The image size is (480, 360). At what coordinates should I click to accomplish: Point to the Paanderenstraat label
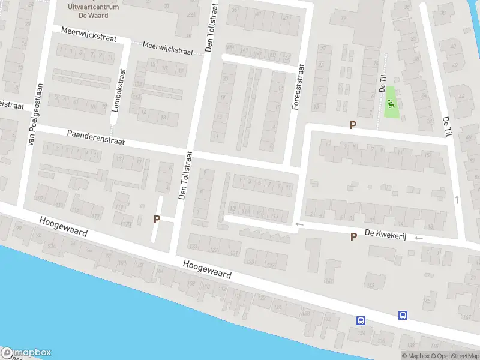(x=95, y=137)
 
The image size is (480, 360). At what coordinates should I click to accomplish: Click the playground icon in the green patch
(x=391, y=103)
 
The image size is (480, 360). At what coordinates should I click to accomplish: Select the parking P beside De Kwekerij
(x=353, y=236)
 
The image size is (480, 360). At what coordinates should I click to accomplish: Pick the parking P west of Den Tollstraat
(x=157, y=219)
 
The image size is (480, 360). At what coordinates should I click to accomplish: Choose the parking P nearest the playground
(x=353, y=125)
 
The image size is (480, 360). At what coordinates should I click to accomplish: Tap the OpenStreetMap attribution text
(x=455, y=356)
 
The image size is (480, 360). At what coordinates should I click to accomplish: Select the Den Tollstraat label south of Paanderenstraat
(x=184, y=175)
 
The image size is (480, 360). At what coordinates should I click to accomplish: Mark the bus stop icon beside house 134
(x=361, y=320)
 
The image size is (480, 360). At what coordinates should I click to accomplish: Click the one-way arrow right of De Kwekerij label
(x=418, y=238)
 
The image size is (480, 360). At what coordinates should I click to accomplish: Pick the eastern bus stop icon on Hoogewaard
(x=403, y=314)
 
